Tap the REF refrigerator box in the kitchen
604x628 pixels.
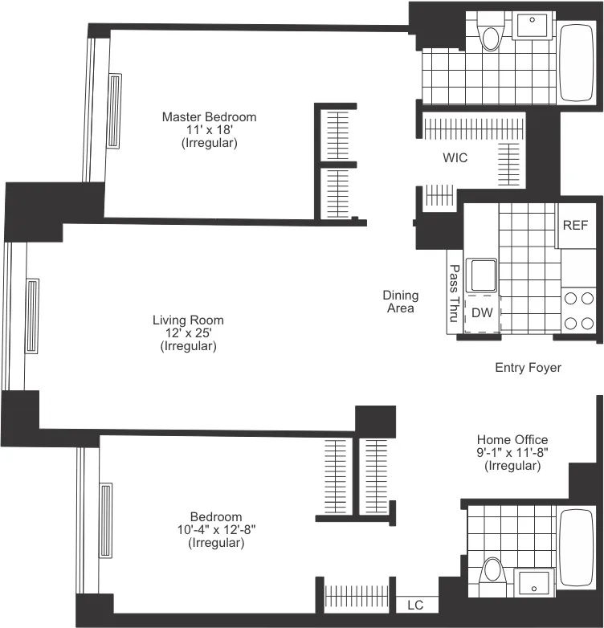pos(575,225)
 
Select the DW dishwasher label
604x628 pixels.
pos(481,312)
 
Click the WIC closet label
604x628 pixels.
pos(455,158)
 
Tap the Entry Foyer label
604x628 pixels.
pos(528,368)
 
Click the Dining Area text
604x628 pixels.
pos(399,302)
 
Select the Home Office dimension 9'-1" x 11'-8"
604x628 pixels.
pos(512,453)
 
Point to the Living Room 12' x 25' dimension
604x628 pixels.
pos(188,333)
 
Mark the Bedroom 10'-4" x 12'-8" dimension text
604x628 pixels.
pos(216,530)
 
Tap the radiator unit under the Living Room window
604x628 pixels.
pos(32,316)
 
